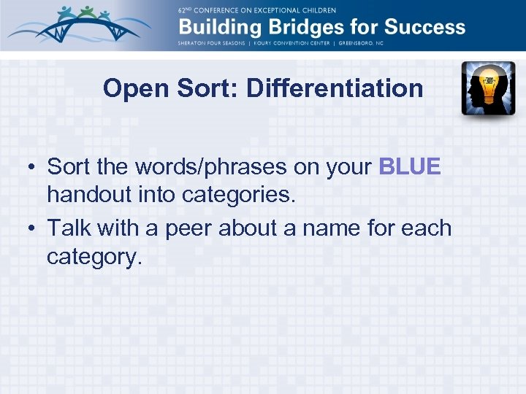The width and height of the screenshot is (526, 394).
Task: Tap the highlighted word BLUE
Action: (x=410, y=166)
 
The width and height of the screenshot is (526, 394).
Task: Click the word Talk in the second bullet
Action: (x=69, y=228)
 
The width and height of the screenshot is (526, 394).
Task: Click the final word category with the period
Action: (x=94, y=258)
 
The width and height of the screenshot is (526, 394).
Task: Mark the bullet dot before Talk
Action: (x=34, y=228)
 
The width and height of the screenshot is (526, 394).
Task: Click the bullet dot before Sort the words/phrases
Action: (x=34, y=167)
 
